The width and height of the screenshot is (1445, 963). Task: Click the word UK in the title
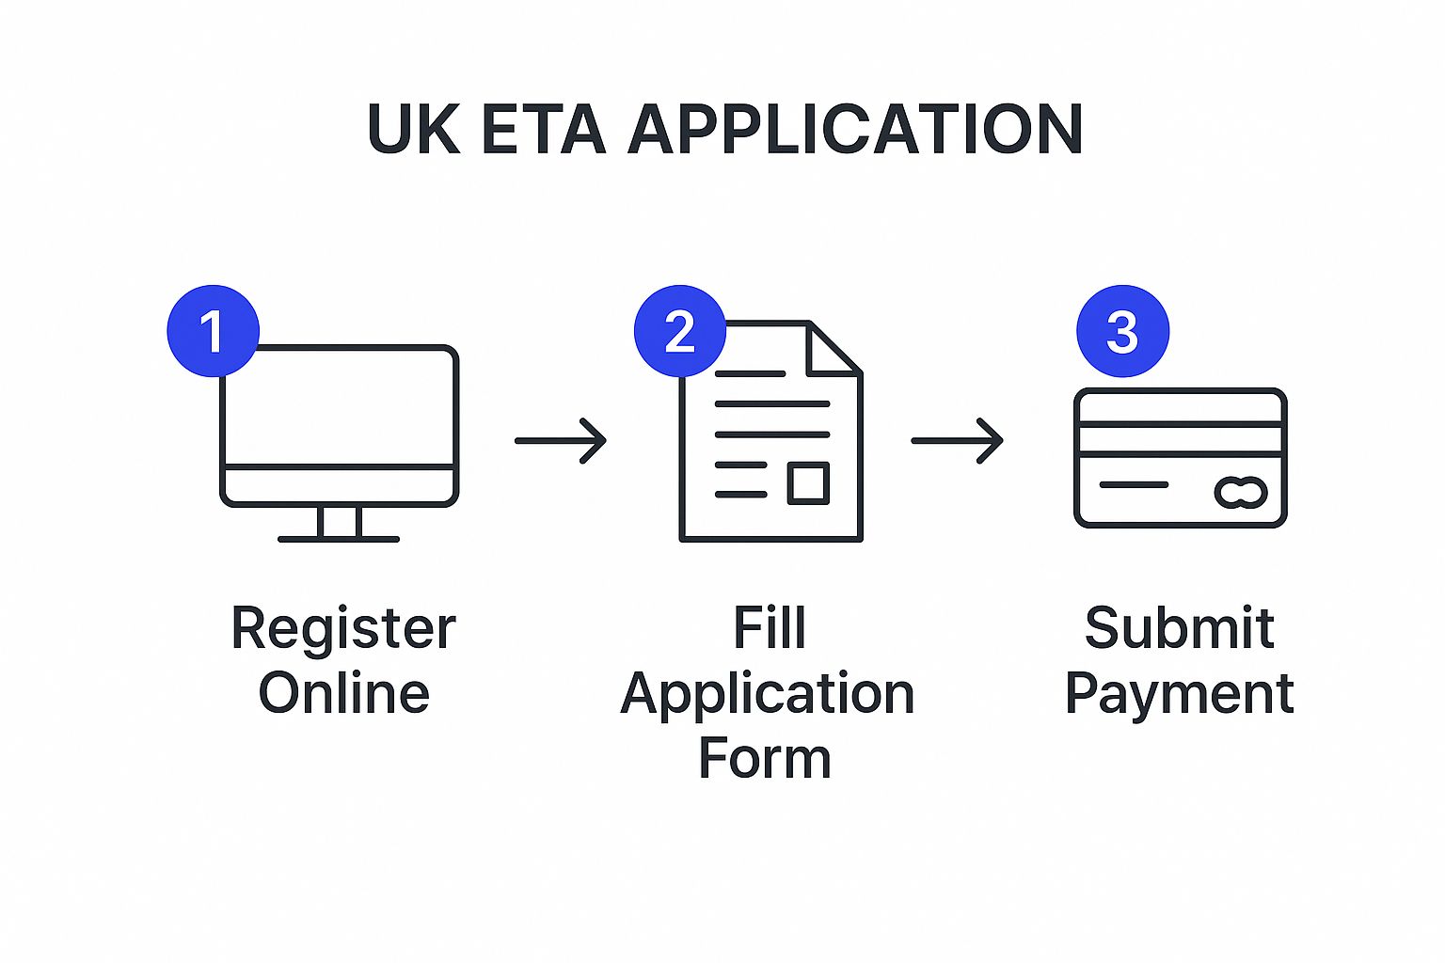click(x=413, y=129)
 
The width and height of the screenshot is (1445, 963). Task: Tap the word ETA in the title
click(x=543, y=129)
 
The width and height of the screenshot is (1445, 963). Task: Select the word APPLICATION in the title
click(x=855, y=129)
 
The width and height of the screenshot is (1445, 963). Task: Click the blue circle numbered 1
click(x=213, y=331)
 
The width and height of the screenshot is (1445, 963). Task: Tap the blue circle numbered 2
click(x=679, y=331)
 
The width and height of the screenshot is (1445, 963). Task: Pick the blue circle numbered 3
click(x=1122, y=331)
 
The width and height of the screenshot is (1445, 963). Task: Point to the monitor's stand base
click(x=339, y=539)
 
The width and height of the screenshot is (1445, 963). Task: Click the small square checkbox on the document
click(x=808, y=482)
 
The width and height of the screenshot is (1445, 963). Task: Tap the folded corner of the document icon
click(x=834, y=349)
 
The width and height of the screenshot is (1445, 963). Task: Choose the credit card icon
click(x=1180, y=458)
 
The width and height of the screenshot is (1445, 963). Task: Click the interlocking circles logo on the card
click(x=1241, y=492)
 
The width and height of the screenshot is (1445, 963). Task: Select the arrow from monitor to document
click(x=561, y=440)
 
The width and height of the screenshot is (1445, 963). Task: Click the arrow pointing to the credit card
click(x=957, y=440)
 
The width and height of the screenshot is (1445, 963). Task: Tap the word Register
click(x=343, y=629)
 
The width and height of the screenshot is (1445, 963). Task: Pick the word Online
click(x=343, y=694)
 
